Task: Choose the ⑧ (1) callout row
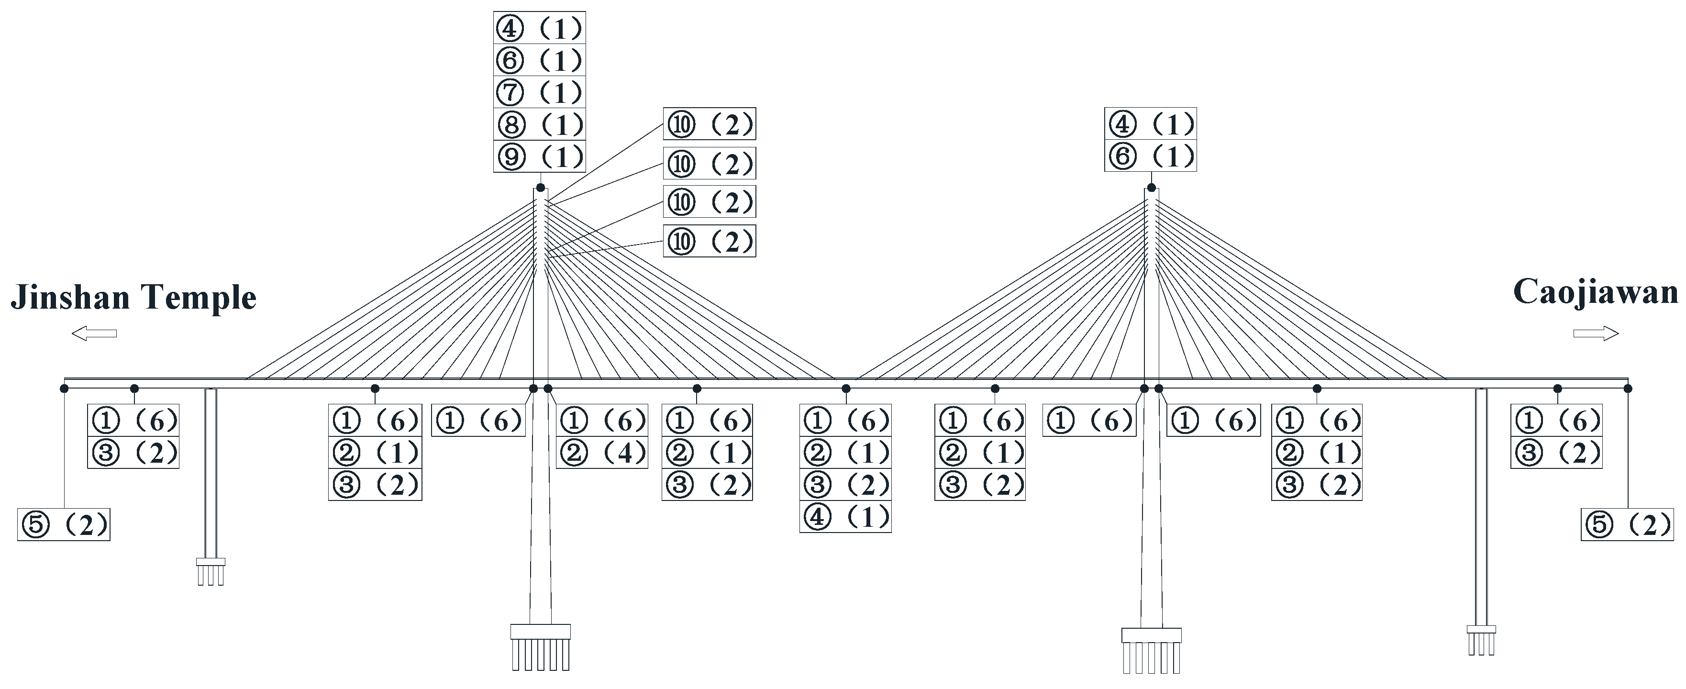[x=539, y=124]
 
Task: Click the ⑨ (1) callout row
[x=539, y=156]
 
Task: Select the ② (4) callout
[x=601, y=453]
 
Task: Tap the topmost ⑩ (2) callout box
[x=709, y=123]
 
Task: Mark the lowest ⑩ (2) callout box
[x=709, y=242]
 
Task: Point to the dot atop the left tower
[x=541, y=188]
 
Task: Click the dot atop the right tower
[x=1151, y=188]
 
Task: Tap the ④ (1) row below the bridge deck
[x=845, y=517]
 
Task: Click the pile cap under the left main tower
[x=540, y=632]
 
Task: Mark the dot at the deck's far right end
[x=1628, y=389]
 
